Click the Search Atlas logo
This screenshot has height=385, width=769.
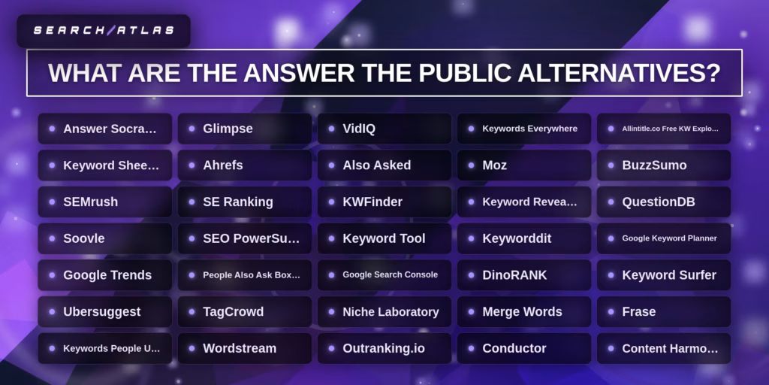click(x=104, y=31)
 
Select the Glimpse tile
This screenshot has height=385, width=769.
click(x=245, y=129)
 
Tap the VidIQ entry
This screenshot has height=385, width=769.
click(x=384, y=129)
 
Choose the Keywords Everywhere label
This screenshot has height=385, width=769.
click(x=529, y=129)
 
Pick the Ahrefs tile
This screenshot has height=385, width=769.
click(x=245, y=165)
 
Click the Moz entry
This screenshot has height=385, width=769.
click(x=524, y=165)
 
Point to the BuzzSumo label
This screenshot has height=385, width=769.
click(x=664, y=165)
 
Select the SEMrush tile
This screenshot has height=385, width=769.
click(x=105, y=202)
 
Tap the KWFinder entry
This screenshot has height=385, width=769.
click(x=384, y=202)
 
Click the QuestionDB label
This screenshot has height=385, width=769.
click(x=664, y=202)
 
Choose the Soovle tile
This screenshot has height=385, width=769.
click(x=105, y=238)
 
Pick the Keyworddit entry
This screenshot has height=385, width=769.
click(x=524, y=238)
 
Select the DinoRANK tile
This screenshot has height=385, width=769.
click(x=524, y=275)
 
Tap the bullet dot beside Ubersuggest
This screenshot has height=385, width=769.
click(x=52, y=311)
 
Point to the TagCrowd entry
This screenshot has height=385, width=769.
click(x=245, y=311)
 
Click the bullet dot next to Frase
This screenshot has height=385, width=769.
click(x=611, y=311)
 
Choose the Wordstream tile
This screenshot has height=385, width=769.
click(x=245, y=348)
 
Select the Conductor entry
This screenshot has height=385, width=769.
click(x=524, y=348)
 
